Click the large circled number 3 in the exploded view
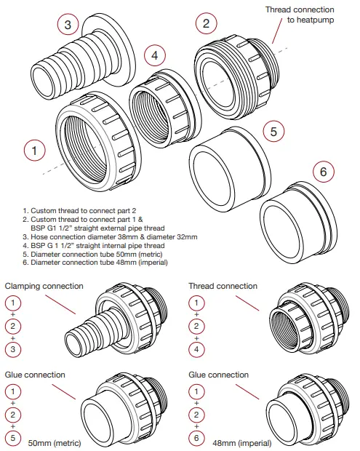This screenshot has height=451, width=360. (x=68, y=24)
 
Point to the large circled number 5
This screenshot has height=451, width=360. (x=273, y=132)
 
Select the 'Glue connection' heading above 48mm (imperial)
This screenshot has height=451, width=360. (x=217, y=375)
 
